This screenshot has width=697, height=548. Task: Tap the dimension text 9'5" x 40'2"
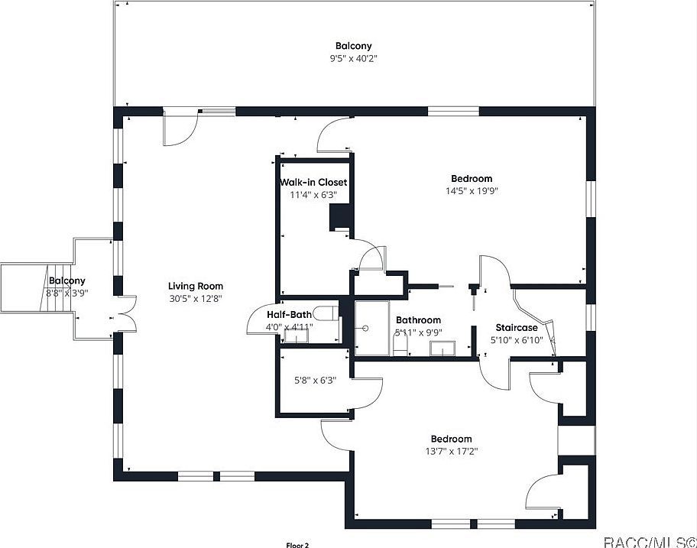pos(353,58)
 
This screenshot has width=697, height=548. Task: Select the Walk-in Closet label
pos(313,183)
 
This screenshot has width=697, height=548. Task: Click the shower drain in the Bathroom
pos(366,328)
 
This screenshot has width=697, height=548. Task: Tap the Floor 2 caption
pos(297,544)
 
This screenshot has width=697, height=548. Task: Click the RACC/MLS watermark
pos(649,541)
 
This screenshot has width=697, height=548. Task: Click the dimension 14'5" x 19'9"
pos(472,191)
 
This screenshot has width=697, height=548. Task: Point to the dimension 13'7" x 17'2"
pos(451,451)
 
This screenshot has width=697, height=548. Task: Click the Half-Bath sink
pos(291,335)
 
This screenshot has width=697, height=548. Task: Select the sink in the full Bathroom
pos(443,349)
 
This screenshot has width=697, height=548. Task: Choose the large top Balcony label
pos(353,46)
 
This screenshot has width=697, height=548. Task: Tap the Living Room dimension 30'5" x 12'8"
pos(195,299)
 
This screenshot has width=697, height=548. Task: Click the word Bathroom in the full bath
pos(418,320)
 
